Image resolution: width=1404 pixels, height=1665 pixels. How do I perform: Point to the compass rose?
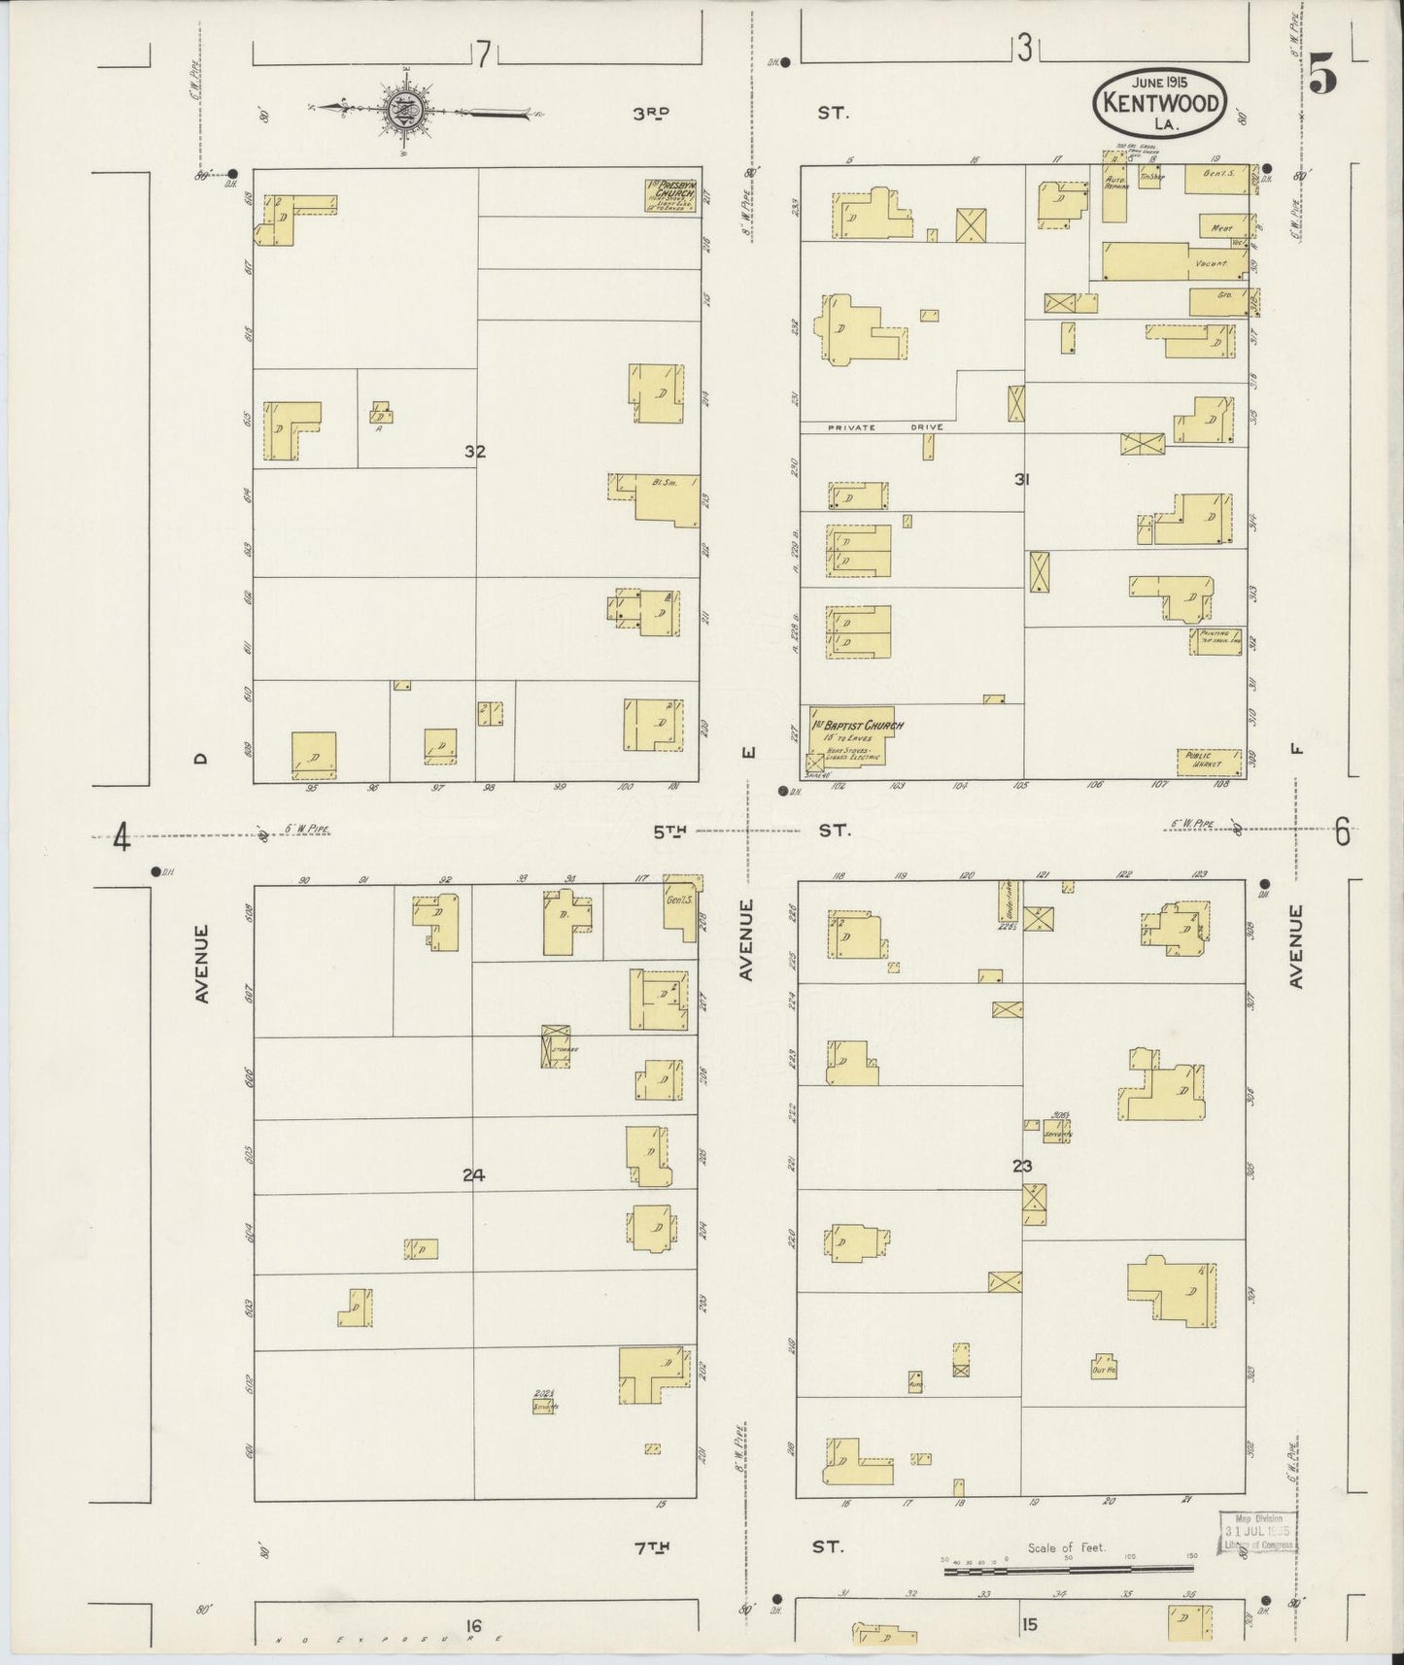pyautogui.click(x=403, y=111)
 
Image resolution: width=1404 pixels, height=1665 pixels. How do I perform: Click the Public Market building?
pyautogui.click(x=1210, y=762)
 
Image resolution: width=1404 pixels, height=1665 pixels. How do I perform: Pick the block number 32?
pyautogui.click(x=474, y=452)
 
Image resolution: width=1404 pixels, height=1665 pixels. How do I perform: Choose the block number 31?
pyautogui.click(x=1021, y=479)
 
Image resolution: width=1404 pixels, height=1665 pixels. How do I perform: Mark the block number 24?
pyautogui.click(x=473, y=1175)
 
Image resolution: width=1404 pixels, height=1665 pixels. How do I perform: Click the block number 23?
pyautogui.click(x=1021, y=1166)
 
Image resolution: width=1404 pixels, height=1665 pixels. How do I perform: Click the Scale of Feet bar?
pyautogui.click(x=1068, y=1568)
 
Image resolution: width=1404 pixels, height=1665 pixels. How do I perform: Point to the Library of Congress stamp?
pyautogui.click(x=1257, y=1534)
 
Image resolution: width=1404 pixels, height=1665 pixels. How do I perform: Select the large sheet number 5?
pyautogui.click(x=1321, y=73)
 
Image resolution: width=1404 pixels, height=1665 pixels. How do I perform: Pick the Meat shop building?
pyautogui.click(x=1222, y=226)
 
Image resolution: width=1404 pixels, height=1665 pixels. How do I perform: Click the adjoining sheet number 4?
pyautogui.click(x=120, y=836)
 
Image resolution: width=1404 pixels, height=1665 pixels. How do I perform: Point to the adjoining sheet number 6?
pyautogui.click(x=1342, y=832)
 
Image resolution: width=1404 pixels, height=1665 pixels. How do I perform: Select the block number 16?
pyautogui.click(x=473, y=1626)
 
